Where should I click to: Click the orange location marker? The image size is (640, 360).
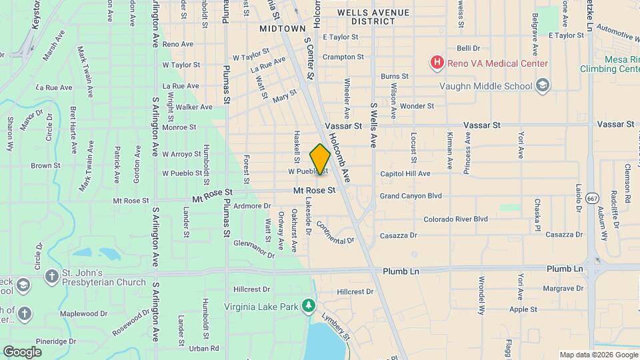tap(320, 159)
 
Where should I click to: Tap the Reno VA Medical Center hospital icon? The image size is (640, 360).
tap(437, 63)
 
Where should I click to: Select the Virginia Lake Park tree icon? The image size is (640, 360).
tap(308, 305)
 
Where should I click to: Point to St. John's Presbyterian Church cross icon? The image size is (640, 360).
tap(51, 275)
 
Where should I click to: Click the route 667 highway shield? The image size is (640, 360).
tap(591, 199)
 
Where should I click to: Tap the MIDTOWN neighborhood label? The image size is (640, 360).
tap(283, 29)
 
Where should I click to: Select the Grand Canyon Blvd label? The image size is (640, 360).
tap(411, 196)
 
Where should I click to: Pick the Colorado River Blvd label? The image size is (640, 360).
tap(455, 219)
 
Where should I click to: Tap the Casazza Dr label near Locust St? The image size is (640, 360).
tap(398, 235)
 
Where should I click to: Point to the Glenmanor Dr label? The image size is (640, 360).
tap(253, 249)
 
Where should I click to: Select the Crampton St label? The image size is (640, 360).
tap(343, 57)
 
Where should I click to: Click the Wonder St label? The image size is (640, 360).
tap(417, 106)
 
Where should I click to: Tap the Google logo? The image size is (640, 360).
tap(22, 351)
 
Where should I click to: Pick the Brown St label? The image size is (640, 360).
tap(45, 165)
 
